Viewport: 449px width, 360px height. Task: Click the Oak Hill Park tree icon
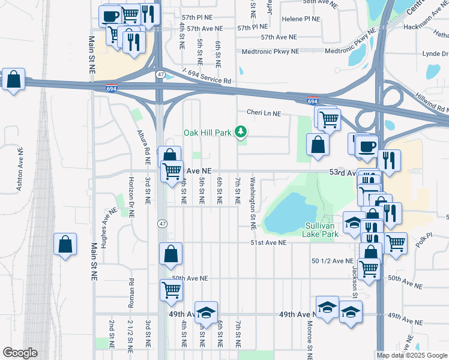click(x=241, y=131)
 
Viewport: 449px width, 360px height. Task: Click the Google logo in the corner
click(x=20, y=352)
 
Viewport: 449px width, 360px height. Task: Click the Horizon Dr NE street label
click(x=130, y=197)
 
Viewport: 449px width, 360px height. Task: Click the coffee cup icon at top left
click(x=111, y=16)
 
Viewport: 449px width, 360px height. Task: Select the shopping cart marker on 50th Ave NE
click(x=172, y=290)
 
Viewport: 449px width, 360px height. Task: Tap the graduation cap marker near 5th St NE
click(x=206, y=312)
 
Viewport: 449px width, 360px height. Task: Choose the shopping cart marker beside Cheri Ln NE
click(x=329, y=118)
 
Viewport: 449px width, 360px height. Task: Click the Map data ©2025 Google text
click(x=411, y=355)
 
